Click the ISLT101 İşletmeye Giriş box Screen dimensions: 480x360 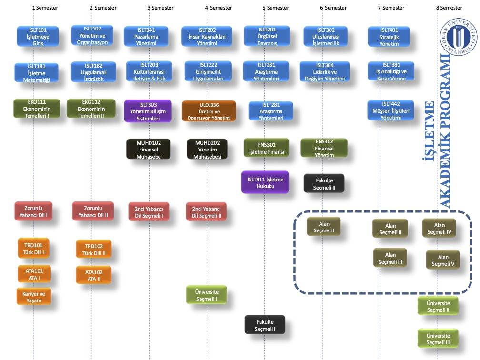point(38,36)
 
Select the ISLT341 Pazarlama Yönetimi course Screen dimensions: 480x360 point(146,36)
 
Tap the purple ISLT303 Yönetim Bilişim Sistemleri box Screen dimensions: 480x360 point(148,111)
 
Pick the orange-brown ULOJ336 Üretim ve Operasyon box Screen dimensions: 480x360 point(209,111)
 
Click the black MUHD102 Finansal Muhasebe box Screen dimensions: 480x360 point(149,150)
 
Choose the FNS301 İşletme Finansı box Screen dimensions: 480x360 point(266,148)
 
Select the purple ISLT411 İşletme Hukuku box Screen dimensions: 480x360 point(265,182)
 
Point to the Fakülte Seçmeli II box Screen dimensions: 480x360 point(324,184)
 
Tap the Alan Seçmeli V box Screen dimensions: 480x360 point(443,260)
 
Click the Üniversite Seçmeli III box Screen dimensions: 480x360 point(438,339)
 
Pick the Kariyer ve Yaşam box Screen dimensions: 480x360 point(34,297)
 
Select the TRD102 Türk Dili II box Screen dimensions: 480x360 point(94,249)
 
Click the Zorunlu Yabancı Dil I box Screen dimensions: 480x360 point(33,211)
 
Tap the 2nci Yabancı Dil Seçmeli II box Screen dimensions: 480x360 point(206,212)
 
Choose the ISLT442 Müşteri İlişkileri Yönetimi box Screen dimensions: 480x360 point(391,110)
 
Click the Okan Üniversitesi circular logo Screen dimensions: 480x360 point(458,37)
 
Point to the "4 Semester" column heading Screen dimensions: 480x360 point(218,8)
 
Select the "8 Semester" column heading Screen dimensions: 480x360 point(449,8)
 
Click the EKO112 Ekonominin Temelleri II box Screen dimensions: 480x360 point(91,109)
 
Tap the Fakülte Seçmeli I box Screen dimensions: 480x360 point(265,325)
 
